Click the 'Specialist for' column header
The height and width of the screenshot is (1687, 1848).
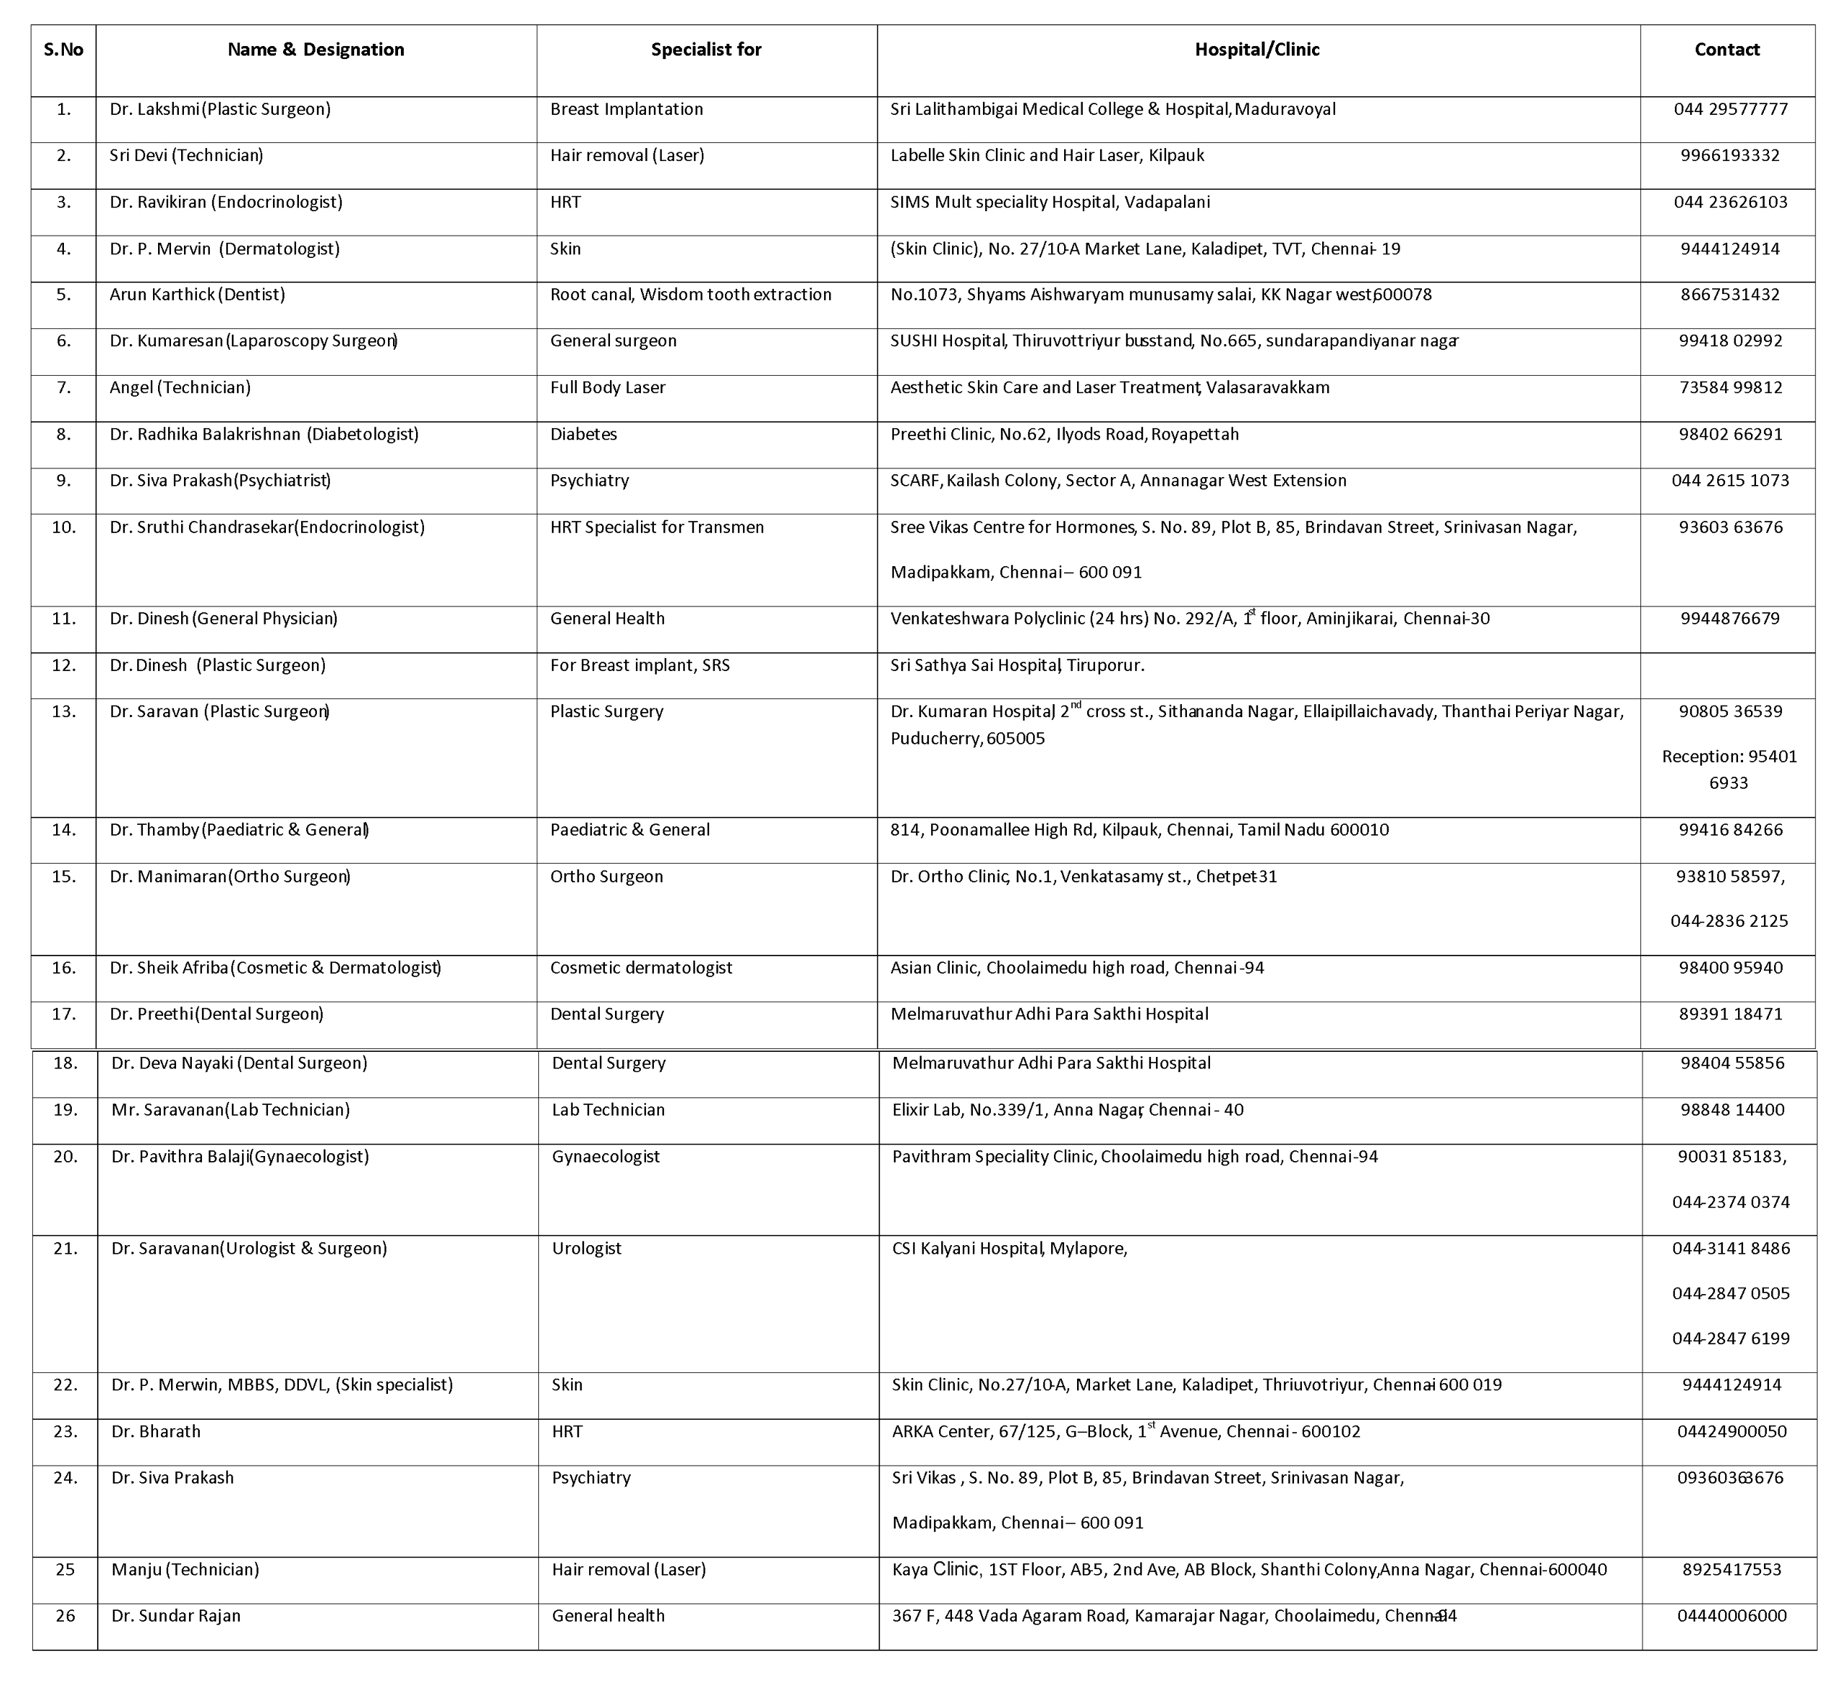706,50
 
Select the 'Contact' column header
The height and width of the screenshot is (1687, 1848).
1727,50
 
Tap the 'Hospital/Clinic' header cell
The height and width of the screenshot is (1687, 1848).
1257,50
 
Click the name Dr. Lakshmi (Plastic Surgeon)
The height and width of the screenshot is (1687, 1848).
220,109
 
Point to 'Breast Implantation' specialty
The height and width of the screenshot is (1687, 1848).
626,109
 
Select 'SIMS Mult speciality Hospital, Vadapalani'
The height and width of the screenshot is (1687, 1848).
1050,202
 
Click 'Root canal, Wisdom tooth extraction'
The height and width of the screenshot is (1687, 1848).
690,295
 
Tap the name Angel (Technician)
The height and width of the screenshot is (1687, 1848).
180,387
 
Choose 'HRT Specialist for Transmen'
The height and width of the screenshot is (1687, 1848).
656,527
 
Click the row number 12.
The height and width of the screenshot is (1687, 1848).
63,665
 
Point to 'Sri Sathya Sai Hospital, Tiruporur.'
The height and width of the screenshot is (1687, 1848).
1017,665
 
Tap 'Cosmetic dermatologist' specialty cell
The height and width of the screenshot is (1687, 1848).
641,967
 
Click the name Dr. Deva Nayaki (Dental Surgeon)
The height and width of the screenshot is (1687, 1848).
239,1063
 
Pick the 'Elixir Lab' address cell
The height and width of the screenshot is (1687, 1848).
1068,1109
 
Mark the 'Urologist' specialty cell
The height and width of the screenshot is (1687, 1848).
587,1248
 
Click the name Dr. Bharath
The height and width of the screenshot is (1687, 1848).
156,1431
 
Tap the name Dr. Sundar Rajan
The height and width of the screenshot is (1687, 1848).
176,1615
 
